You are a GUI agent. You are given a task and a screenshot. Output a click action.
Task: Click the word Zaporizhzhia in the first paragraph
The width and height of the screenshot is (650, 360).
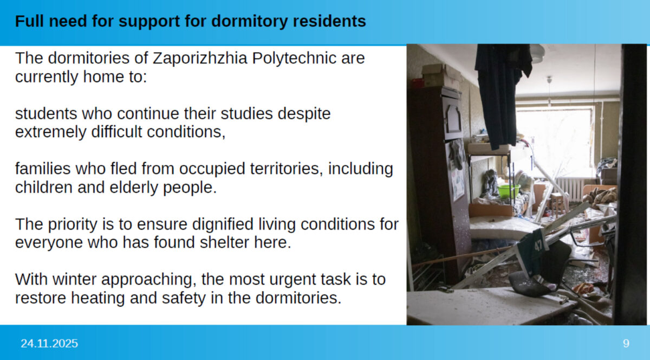click(x=200, y=58)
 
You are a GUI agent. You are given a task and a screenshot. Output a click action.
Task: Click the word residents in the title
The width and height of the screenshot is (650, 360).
click(x=329, y=21)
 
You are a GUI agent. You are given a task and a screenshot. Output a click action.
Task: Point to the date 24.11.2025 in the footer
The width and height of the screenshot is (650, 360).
click(x=49, y=343)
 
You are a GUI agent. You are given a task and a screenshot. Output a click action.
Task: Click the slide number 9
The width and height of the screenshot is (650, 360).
click(x=626, y=343)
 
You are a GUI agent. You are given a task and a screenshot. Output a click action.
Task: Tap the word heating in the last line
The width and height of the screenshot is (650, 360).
click(x=98, y=298)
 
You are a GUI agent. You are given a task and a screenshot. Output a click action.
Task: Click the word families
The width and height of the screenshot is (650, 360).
click(x=43, y=169)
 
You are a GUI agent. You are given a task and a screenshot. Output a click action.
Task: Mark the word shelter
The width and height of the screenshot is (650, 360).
click(x=224, y=242)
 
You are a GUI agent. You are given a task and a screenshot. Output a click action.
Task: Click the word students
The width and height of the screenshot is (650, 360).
click(x=46, y=114)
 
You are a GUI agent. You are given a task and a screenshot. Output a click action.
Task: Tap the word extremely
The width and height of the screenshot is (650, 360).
click(x=51, y=132)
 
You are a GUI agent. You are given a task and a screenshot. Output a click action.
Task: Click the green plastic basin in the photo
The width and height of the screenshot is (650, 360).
click(x=509, y=191)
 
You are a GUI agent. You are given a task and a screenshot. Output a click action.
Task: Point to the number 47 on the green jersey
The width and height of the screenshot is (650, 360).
click(x=538, y=245)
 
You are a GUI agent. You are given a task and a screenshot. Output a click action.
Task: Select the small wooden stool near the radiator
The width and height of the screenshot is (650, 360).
click(x=557, y=204)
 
